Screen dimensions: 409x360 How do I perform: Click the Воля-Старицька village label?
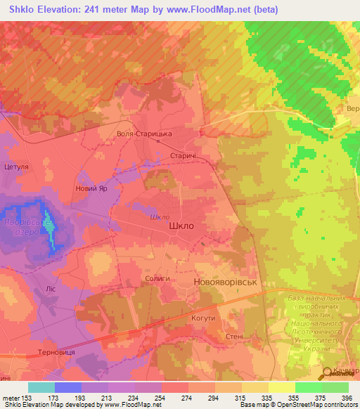[144, 134]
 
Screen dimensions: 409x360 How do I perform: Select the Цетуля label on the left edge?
[16, 167]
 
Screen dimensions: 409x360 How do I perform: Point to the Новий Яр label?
[91, 189]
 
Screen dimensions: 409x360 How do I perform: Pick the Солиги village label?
[157, 279]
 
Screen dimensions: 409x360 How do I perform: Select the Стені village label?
[233, 337]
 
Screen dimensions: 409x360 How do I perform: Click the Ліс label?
[51, 289]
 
